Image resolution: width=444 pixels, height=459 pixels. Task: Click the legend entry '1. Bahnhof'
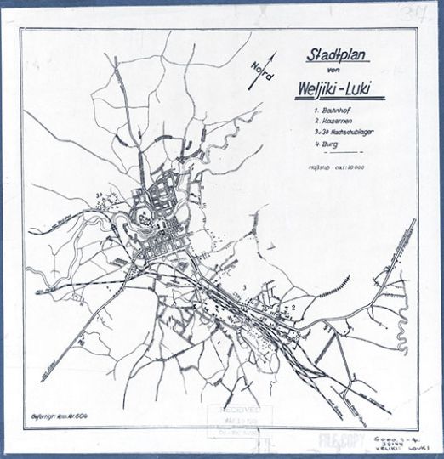coord(327,110)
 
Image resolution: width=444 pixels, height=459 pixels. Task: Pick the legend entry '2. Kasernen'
coord(329,123)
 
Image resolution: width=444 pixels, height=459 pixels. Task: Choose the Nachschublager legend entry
coord(337,137)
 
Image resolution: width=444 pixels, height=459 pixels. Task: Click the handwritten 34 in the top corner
coord(424,13)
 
